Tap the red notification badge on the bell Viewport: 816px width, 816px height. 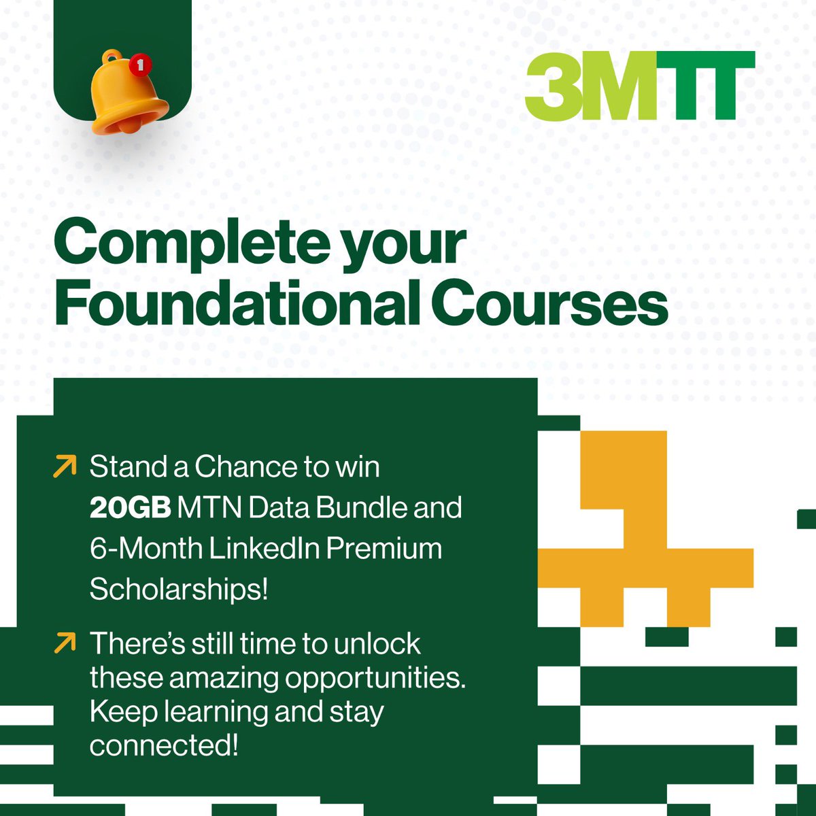point(140,65)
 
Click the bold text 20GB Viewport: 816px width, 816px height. point(131,508)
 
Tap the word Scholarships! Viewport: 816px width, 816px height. point(179,590)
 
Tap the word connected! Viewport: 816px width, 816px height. point(164,746)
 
